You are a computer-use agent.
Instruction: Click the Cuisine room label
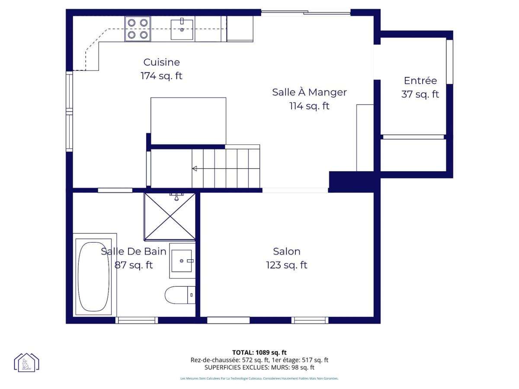[x=161, y=62]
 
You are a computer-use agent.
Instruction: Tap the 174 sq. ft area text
[x=161, y=76]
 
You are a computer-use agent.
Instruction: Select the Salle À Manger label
[x=309, y=92]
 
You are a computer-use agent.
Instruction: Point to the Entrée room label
[x=420, y=80]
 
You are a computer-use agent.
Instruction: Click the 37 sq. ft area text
[x=420, y=94]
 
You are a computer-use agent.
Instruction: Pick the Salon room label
[x=287, y=251]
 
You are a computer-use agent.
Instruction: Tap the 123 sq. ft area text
[x=287, y=265]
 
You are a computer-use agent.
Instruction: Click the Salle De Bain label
[x=134, y=251]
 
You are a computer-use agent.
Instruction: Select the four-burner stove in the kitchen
[x=138, y=29]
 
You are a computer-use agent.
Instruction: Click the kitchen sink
[x=182, y=29]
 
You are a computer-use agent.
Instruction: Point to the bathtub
[x=93, y=277]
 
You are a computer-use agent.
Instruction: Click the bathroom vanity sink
[x=182, y=261]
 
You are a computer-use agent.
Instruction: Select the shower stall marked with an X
[x=170, y=217]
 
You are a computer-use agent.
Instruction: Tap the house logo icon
[x=26, y=362]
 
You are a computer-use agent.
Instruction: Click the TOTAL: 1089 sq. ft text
[x=259, y=352]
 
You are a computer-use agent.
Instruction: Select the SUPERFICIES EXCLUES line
[x=259, y=367]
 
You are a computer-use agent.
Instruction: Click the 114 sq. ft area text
[x=309, y=106]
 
